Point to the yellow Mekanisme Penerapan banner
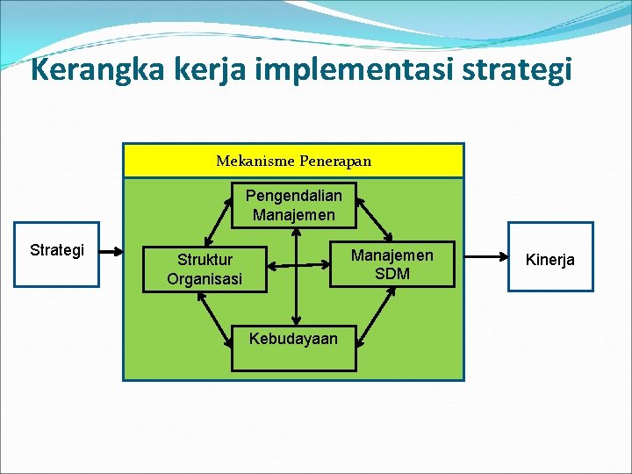click(x=293, y=161)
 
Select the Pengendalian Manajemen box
click(x=294, y=205)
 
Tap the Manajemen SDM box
click(x=392, y=264)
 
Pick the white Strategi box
click(x=57, y=255)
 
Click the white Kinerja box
click(x=549, y=259)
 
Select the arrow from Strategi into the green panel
click(x=111, y=252)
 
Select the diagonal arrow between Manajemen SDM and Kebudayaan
click(x=375, y=311)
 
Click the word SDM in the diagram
click(x=392, y=273)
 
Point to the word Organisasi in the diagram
click(x=205, y=279)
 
